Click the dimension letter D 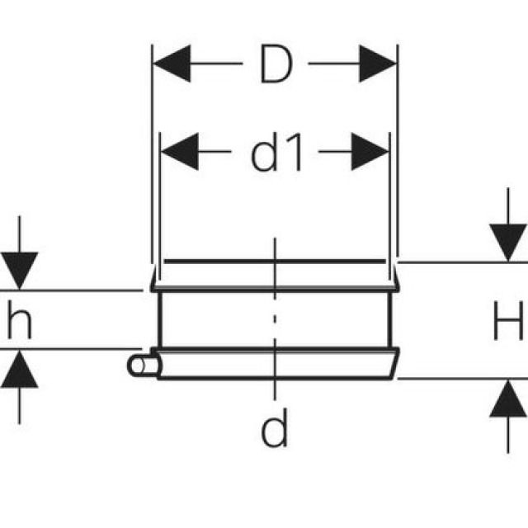click(x=276, y=65)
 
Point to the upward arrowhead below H click(x=507, y=401)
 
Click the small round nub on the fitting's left click(x=137, y=364)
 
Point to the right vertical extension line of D click(x=397, y=148)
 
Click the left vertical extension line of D click(x=153, y=148)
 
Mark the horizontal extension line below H click(x=462, y=379)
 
